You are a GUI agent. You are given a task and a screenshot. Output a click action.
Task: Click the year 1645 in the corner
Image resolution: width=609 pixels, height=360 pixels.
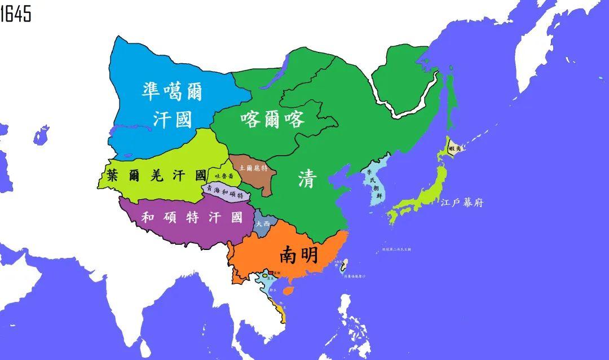coord(16,13)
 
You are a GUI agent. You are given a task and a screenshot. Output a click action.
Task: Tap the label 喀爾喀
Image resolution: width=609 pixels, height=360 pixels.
coord(272,119)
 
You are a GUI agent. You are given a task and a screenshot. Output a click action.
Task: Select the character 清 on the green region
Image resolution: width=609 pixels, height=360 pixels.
coord(308,180)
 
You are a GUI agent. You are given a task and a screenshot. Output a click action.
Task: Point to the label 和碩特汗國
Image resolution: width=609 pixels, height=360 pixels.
coord(192,217)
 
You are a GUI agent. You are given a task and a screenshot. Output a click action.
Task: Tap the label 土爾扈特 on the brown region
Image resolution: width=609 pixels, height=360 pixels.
coord(249,168)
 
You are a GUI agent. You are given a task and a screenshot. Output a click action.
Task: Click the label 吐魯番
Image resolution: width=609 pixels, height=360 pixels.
coord(222,176)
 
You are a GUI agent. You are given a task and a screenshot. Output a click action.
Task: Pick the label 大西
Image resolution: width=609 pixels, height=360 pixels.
coord(262,223)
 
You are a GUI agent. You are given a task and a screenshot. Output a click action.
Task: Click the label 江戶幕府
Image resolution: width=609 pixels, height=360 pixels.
coord(462,203)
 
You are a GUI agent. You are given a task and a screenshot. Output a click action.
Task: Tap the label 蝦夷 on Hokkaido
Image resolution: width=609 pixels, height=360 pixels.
coord(454,148)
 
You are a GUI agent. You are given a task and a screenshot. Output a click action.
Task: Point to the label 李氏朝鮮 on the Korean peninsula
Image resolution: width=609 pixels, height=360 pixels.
coord(372,182)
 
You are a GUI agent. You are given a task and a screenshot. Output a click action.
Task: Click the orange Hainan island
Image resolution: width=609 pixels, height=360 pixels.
coord(288,291)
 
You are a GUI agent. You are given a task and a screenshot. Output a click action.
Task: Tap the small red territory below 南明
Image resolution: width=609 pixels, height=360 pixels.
coord(270,273)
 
